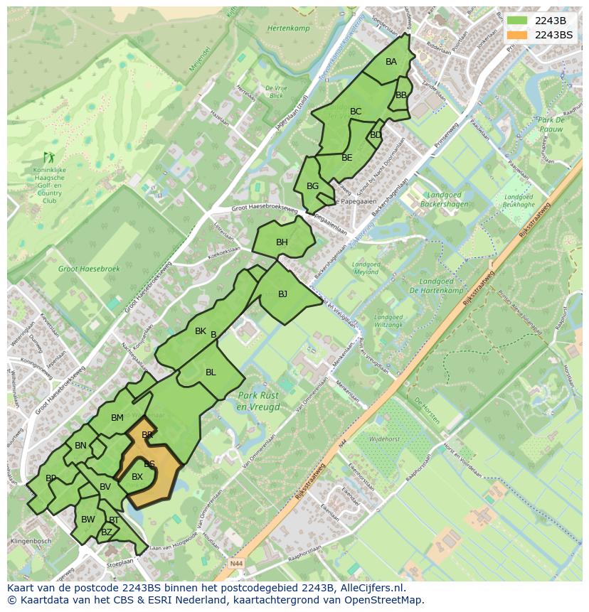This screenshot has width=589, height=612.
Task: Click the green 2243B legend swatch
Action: [x=518, y=21]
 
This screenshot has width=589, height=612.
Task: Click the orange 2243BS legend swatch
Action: [x=518, y=35]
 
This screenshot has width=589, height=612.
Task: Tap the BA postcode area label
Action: [x=391, y=62]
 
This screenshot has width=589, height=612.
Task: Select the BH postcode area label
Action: [x=282, y=243]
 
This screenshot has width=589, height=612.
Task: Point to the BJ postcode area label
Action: [x=282, y=294]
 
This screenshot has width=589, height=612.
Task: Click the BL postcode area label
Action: [x=211, y=372]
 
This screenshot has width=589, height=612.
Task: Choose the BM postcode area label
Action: [x=117, y=418]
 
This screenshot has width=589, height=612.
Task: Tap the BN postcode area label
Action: [x=80, y=446]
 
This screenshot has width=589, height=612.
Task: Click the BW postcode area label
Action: [x=87, y=520]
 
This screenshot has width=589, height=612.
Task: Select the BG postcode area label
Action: [x=312, y=186]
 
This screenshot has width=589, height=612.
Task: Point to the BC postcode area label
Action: [x=356, y=112]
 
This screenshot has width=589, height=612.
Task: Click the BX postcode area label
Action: [x=137, y=477]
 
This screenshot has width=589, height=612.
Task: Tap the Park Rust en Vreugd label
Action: [x=259, y=402]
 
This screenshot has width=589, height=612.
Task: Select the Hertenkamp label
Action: [x=288, y=28]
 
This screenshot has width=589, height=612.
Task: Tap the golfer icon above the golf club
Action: [x=48, y=157]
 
